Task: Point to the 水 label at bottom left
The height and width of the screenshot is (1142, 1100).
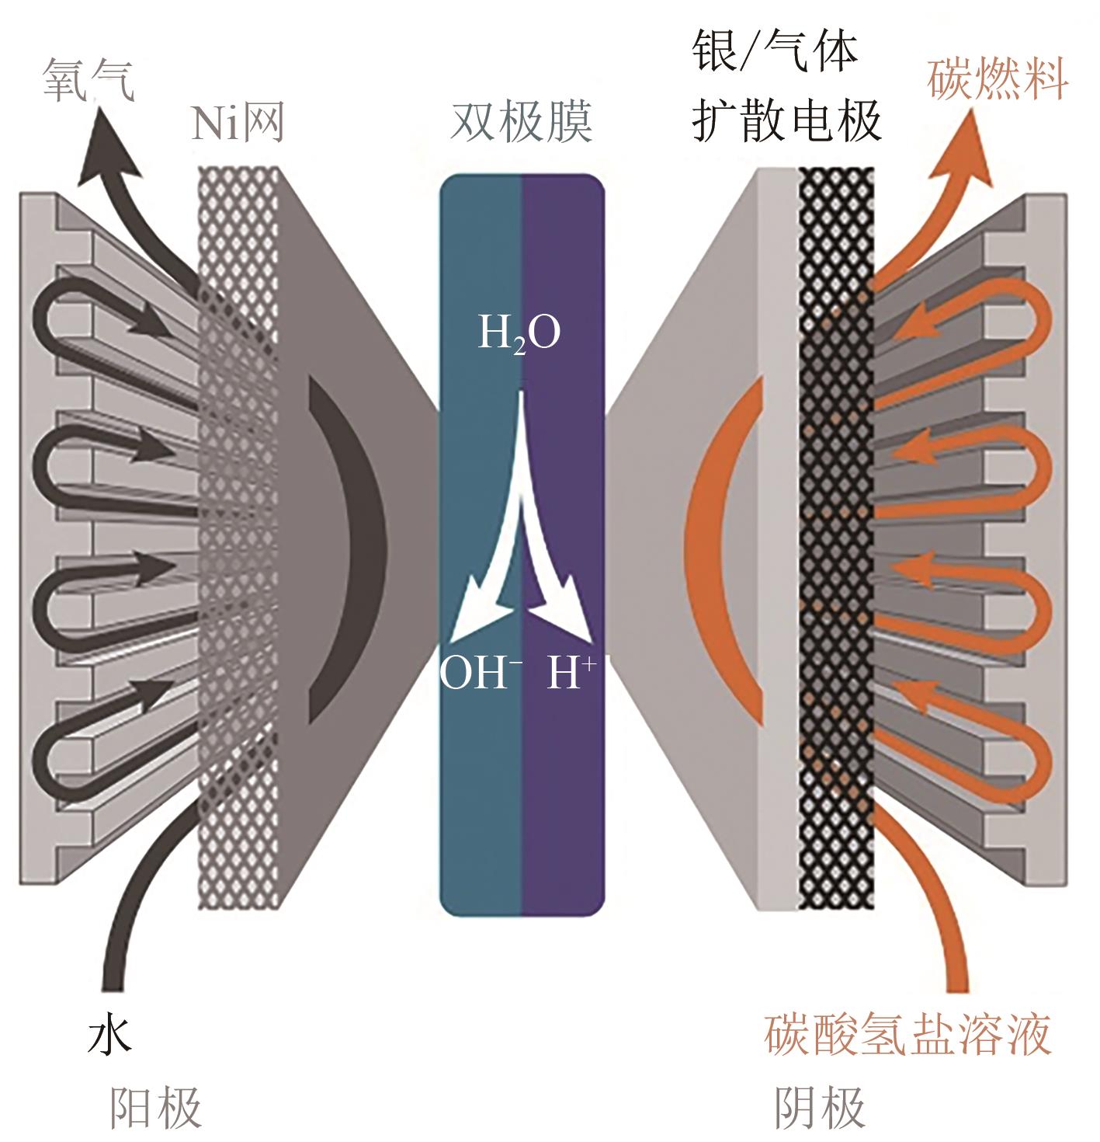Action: (x=109, y=1033)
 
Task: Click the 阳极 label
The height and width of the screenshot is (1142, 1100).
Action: (x=155, y=1105)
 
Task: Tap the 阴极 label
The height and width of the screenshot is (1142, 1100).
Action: (x=820, y=1105)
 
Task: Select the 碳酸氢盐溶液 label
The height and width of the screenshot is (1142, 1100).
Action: (x=907, y=1034)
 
